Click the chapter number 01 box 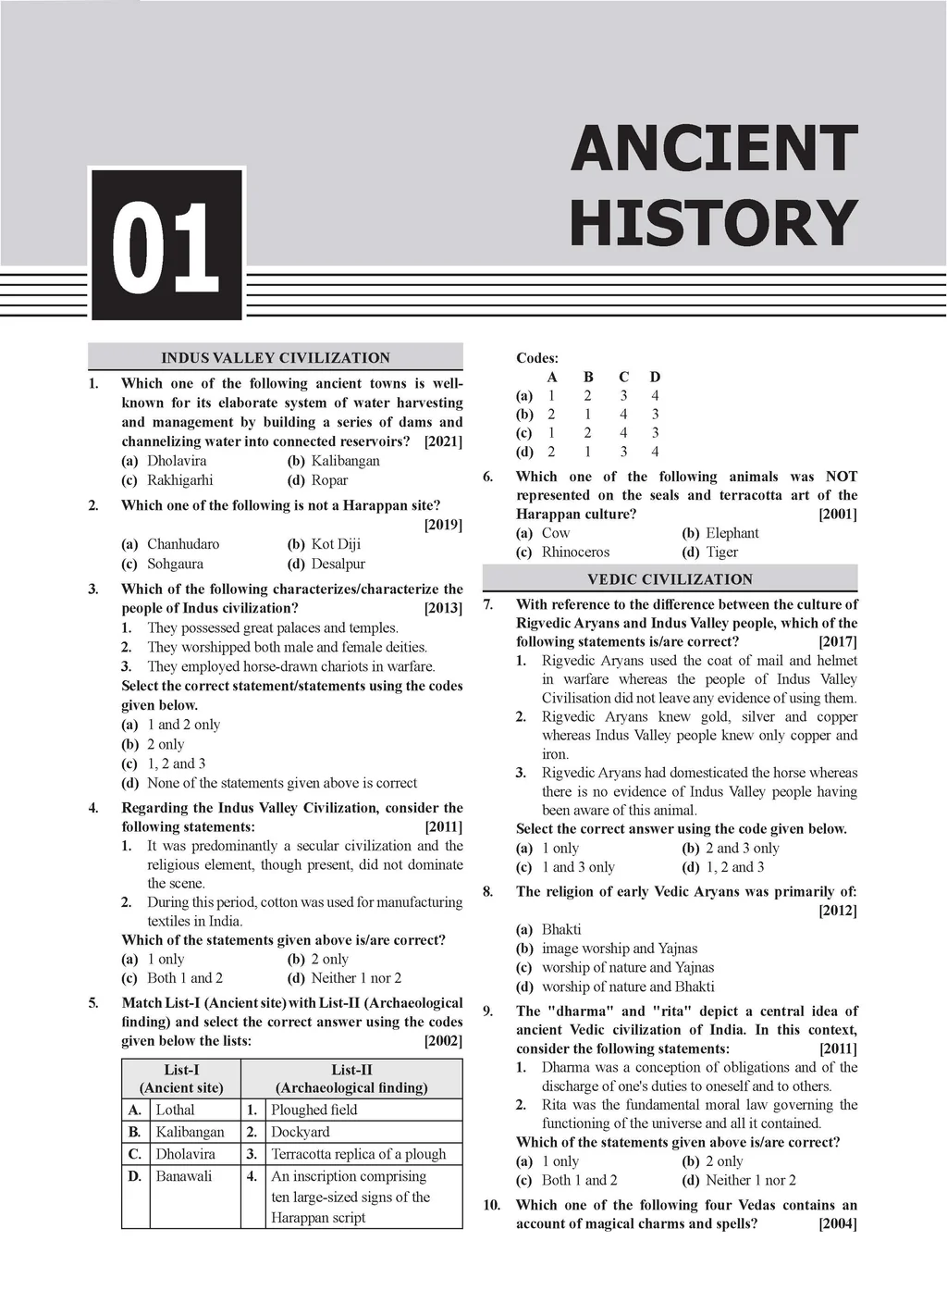tap(166, 245)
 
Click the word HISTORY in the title tap(714, 224)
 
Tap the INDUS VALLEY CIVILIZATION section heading tap(276, 358)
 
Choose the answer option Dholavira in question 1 tap(177, 461)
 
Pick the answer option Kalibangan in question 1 tap(346, 461)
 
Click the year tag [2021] tap(443, 441)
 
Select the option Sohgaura tap(175, 564)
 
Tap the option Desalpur tap(338, 564)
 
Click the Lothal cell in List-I tap(175, 1110)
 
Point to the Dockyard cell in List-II tap(301, 1132)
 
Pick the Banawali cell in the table tap(183, 1176)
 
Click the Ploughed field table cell tap(314, 1110)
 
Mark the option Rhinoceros tap(575, 552)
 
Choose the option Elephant tap(732, 533)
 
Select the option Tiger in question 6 tap(721, 552)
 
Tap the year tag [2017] tap(838, 641)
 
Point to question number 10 tap(492, 1205)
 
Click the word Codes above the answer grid tap(537, 358)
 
